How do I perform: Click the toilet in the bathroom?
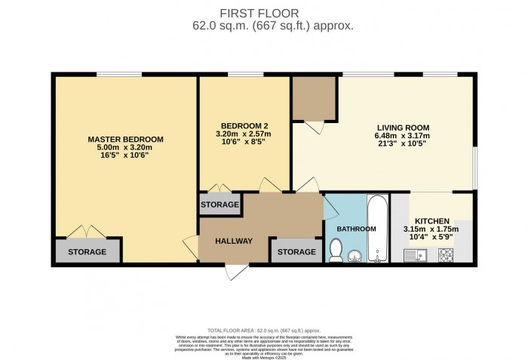point(337,248)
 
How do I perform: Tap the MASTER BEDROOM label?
point(125,140)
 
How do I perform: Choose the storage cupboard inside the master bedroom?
point(87,251)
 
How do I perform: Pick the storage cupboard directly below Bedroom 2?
point(220,205)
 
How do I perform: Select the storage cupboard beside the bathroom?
point(296,251)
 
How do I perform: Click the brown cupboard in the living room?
point(313,97)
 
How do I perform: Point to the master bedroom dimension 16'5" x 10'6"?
point(125,157)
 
